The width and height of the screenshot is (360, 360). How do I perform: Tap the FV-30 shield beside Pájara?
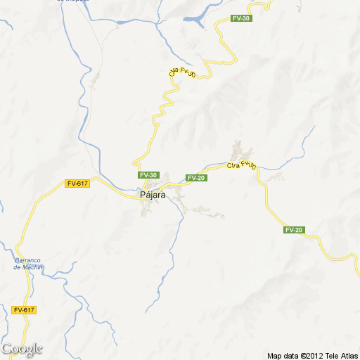148,175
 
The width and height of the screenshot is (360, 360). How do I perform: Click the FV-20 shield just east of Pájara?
196,178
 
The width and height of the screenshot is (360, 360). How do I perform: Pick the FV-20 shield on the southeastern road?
294,230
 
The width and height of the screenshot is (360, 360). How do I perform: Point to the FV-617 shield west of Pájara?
77,184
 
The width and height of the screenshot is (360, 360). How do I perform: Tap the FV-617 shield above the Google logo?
23,310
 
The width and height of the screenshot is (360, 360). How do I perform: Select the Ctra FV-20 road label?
241,165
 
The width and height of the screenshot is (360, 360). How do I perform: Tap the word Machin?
32,267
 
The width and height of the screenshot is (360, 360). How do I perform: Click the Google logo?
22,349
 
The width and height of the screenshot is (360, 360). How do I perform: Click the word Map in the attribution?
274,355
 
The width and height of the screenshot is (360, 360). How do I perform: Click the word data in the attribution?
291,355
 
